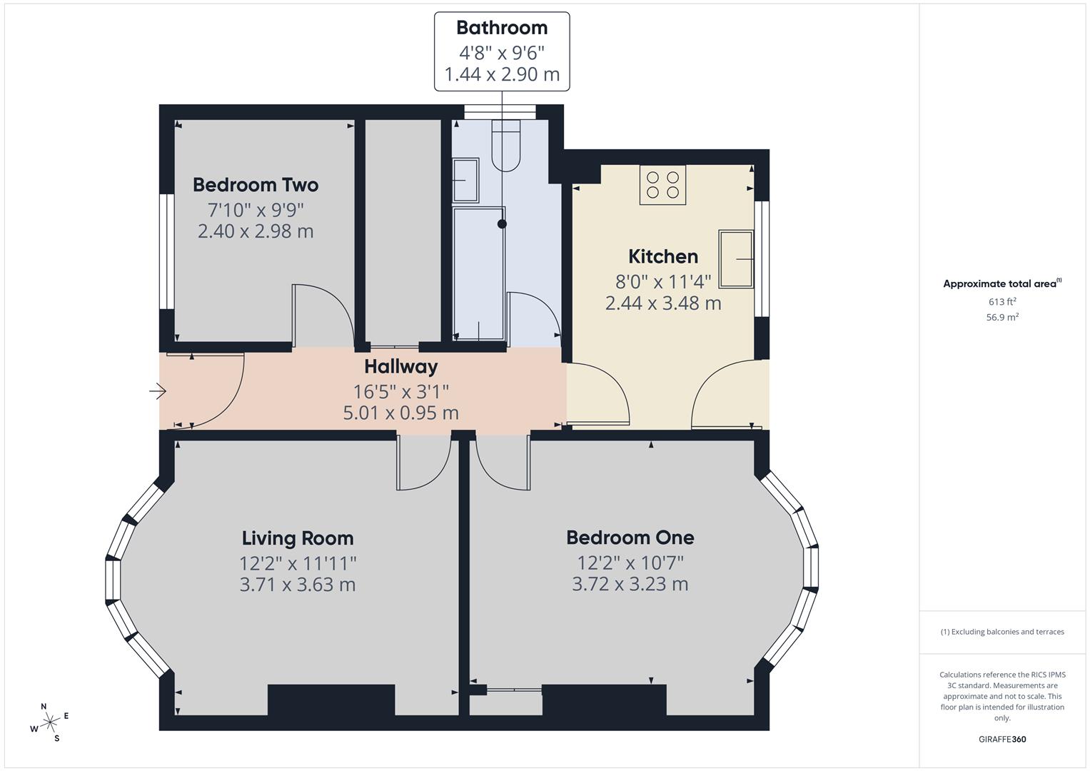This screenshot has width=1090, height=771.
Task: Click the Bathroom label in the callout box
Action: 502,28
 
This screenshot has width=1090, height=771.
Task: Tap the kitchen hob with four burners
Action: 662,184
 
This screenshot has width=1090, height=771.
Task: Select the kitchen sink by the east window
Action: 736,258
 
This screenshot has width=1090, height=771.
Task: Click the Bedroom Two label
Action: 256,185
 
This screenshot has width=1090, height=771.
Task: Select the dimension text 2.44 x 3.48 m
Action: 663,303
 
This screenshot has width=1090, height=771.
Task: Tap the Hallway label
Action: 400,366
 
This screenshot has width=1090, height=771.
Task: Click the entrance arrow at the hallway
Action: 158,391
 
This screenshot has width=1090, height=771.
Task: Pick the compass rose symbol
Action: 50,722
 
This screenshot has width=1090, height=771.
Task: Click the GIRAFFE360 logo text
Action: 1001,739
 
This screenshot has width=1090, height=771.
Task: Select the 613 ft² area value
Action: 1001,301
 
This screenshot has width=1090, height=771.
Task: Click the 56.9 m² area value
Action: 1001,317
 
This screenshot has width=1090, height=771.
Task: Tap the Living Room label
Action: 298,538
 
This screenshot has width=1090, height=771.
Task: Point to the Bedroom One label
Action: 630,538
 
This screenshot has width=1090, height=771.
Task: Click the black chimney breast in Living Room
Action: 331,699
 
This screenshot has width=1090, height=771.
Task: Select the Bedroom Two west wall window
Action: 166,251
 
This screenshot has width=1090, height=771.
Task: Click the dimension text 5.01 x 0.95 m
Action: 400,413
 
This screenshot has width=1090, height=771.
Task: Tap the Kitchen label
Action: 663,256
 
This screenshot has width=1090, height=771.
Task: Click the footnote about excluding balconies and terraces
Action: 1001,632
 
